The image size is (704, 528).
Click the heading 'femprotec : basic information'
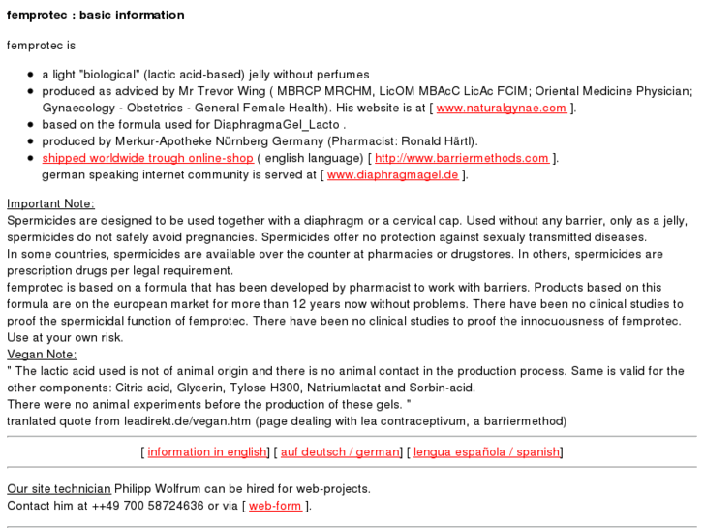tap(95, 16)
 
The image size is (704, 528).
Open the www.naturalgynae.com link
tap(503, 109)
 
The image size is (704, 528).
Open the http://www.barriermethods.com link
tap(461, 158)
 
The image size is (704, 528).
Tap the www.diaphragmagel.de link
tap(392, 175)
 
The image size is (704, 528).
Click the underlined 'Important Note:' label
tap(50, 203)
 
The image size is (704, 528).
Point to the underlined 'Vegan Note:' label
tap(42, 355)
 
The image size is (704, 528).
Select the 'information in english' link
tap(207, 452)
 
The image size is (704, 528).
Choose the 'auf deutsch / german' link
tap(340, 452)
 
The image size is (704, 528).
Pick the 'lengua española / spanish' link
tap(486, 452)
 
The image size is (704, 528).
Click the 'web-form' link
tap(275, 506)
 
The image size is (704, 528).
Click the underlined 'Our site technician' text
tap(58, 489)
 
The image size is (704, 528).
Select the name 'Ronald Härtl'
tap(438, 141)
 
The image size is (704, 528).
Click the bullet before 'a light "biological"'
tap(31, 75)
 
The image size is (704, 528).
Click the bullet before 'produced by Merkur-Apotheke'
tap(31, 141)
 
